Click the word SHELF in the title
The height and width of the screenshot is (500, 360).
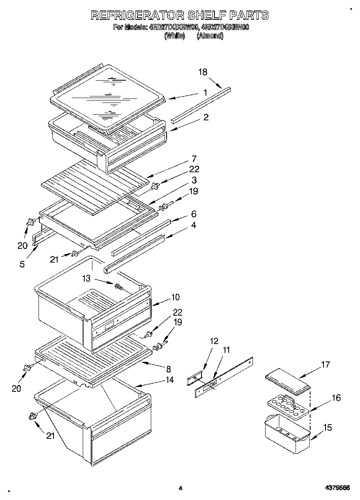201,15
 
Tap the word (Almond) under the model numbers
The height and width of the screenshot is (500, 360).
210,36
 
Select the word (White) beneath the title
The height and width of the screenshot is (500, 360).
174,36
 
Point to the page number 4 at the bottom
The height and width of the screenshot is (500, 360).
180,488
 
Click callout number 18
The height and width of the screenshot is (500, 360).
203,72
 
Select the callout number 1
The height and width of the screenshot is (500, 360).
206,92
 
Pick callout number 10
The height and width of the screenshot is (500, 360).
175,297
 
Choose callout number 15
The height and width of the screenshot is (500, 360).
328,427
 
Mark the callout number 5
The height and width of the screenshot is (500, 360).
21,264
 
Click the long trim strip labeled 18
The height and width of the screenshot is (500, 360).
201,104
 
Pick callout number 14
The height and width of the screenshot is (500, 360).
169,380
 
